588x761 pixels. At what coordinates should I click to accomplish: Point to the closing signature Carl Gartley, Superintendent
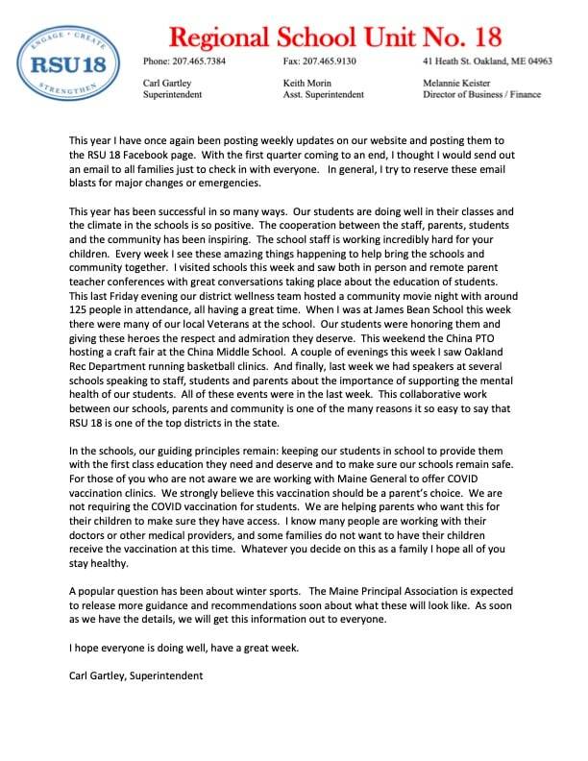pyautogui.click(x=136, y=676)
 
